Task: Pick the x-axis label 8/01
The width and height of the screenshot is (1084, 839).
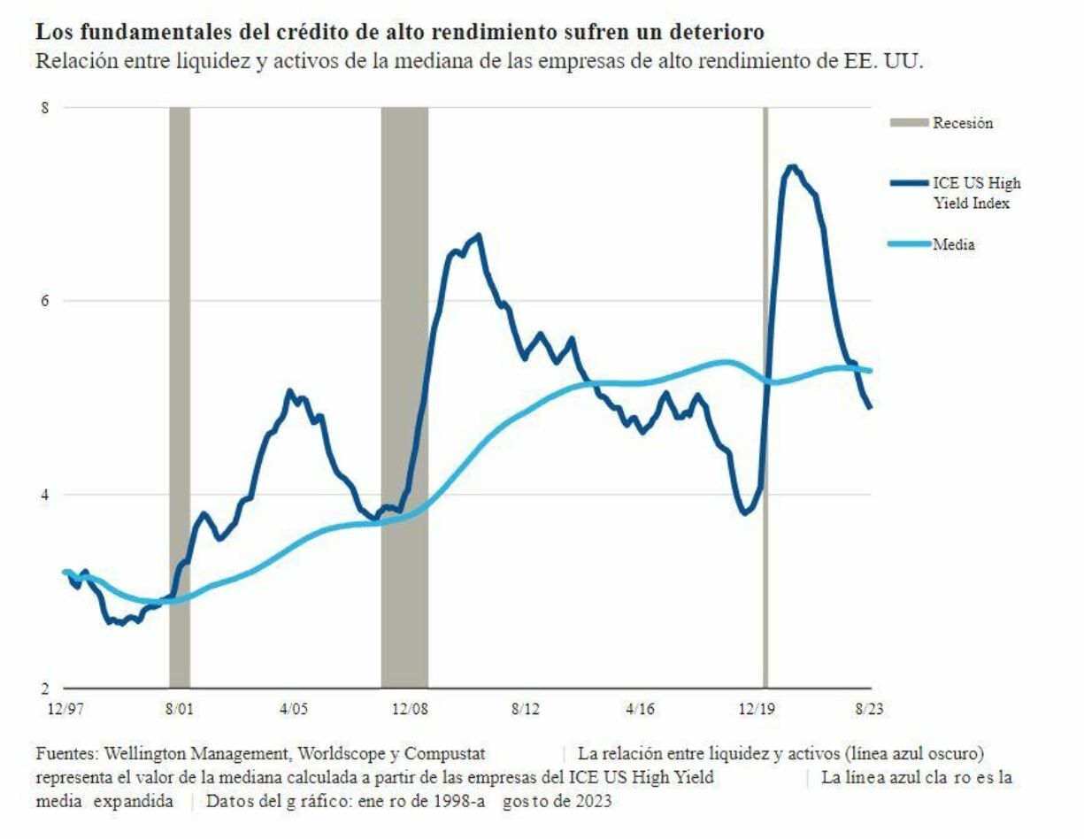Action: click(179, 709)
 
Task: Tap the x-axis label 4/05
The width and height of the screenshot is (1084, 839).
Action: click(295, 709)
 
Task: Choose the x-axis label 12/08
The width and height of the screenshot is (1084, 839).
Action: click(410, 709)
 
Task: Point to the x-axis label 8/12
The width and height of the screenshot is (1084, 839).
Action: click(526, 709)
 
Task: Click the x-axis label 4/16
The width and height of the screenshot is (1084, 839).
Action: click(641, 709)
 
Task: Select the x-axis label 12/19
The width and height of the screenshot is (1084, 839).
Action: click(756, 709)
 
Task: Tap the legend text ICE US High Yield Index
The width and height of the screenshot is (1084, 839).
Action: click(976, 192)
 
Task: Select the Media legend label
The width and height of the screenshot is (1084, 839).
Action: click(954, 244)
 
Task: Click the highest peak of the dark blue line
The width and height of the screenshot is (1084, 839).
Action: click(792, 166)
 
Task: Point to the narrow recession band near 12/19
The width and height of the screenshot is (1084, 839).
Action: click(765, 398)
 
